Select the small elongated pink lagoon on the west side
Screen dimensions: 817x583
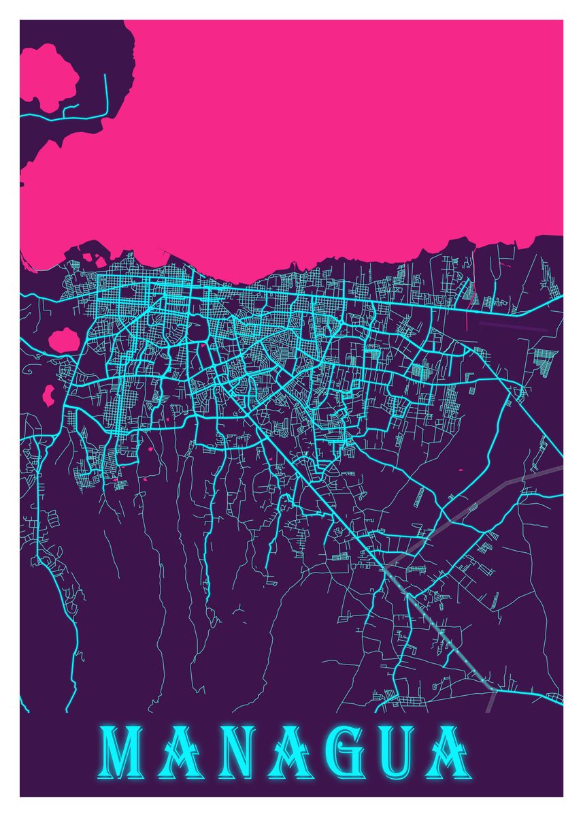coord(48,394)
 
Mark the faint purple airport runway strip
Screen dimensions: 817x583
coord(514,325)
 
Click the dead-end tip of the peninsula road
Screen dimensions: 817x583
coord(106,75)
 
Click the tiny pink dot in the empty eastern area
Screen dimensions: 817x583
coord(461,470)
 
